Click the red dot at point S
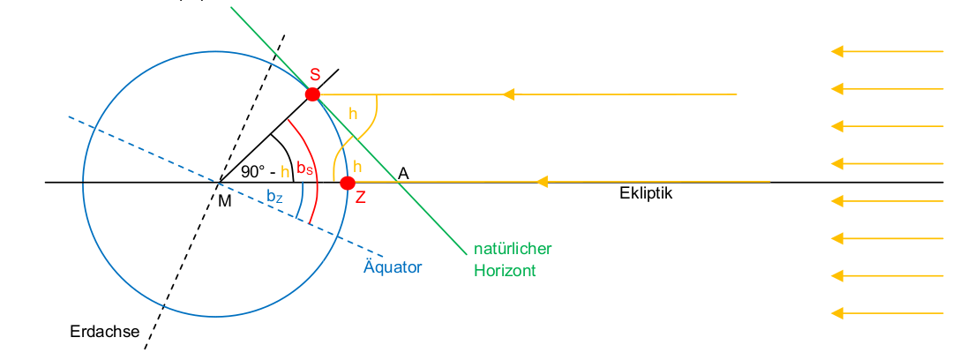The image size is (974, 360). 312,94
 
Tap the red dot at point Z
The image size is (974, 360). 348,183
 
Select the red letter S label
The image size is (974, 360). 315,76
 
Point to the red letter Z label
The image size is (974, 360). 360,198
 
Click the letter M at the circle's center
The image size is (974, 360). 225,201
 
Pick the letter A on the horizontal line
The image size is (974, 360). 403,173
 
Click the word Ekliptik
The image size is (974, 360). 646,193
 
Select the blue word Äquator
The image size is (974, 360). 393,266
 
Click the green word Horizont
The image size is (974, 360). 505,271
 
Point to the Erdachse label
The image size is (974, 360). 105,332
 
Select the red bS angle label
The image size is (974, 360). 304,168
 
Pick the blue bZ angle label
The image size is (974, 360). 275,196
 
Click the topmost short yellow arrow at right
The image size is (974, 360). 887,51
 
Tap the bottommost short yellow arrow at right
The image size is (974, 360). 887,312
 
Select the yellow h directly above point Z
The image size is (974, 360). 356,166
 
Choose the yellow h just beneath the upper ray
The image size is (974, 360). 353,114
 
